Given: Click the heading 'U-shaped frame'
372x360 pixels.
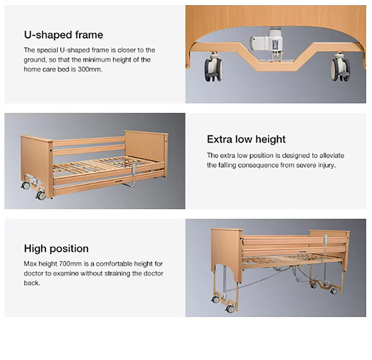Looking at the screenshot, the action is [63, 35].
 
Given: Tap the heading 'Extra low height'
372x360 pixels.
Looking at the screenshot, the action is [246, 139].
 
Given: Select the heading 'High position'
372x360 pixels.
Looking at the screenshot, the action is [56, 249].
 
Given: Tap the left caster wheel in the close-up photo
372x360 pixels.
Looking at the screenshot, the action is [213, 69].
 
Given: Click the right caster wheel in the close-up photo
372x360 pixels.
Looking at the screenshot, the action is [340, 70].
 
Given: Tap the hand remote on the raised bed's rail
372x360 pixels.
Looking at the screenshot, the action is [326, 240].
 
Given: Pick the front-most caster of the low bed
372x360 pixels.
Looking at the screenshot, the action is [40, 195].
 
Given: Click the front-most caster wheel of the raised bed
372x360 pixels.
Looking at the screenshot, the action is [229, 308].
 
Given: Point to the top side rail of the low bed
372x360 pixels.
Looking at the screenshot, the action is [89, 141].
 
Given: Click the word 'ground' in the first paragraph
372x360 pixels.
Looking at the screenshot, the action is [34, 60].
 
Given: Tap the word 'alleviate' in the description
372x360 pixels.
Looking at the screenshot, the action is [332, 156].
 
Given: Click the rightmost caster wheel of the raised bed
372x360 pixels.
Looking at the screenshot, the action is [334, 291].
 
